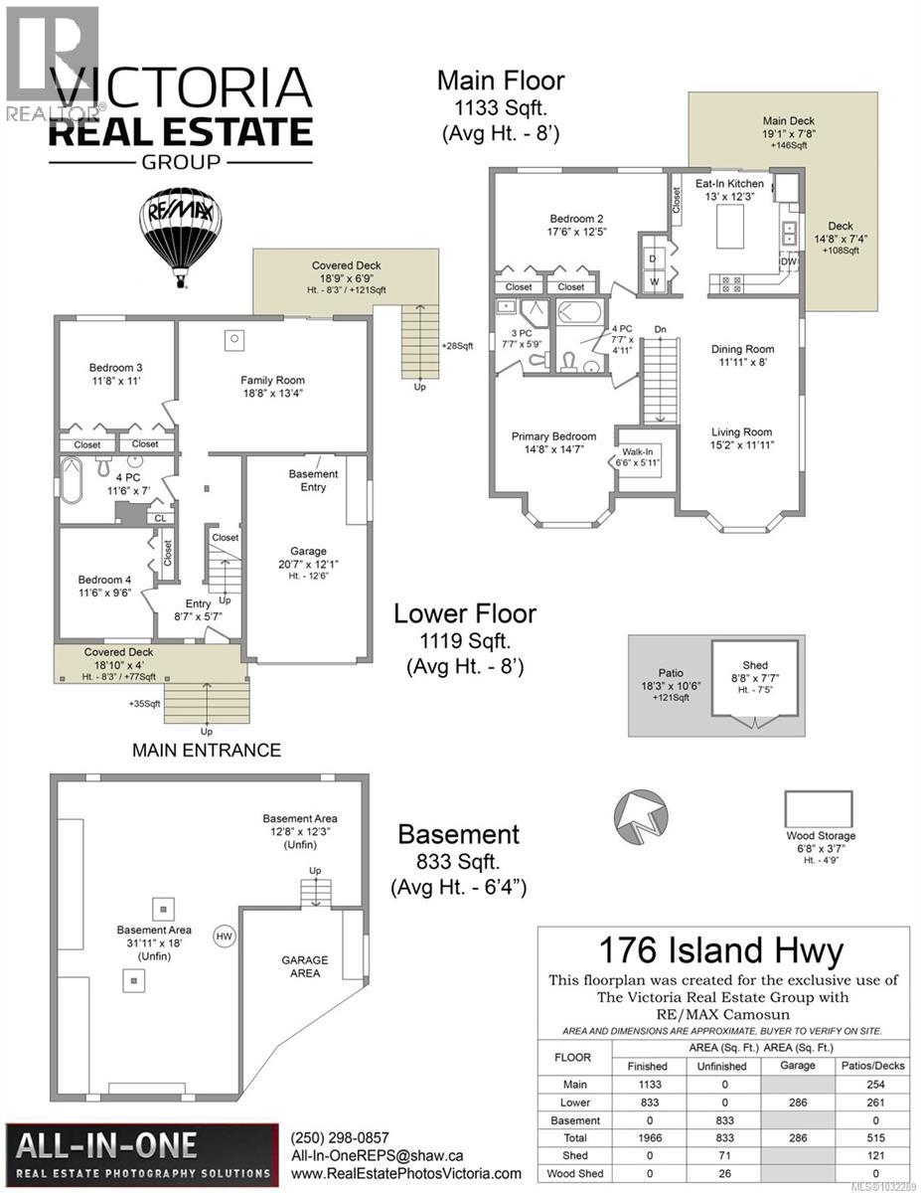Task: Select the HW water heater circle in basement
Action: point(225,936)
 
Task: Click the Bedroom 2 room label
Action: point(577,225)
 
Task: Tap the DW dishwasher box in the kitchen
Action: point(789,262)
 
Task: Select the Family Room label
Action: point(272,387)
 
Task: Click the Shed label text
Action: point(755,665)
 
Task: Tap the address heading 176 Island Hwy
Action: point(723,951)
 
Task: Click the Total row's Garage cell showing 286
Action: point(798,1138)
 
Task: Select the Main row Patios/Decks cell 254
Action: point(876,1085)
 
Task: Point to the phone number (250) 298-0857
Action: point(340,1137)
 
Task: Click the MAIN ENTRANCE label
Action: point(207,751)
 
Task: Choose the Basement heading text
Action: point(458,834)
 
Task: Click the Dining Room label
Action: point(742,356)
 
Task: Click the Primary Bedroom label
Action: point(553,442)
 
